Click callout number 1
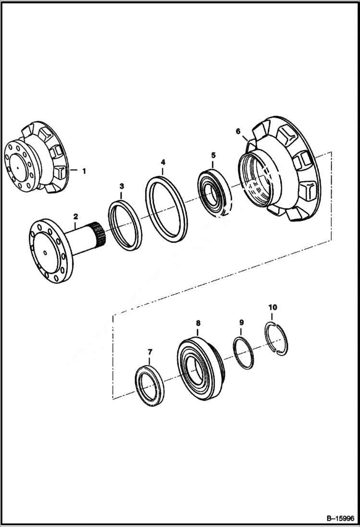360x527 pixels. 84,171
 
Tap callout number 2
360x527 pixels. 75,218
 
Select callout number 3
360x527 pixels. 122,185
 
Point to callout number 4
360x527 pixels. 163,162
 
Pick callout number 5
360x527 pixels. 213,155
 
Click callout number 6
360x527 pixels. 238,131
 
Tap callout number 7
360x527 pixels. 149,352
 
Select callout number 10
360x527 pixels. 272,307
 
